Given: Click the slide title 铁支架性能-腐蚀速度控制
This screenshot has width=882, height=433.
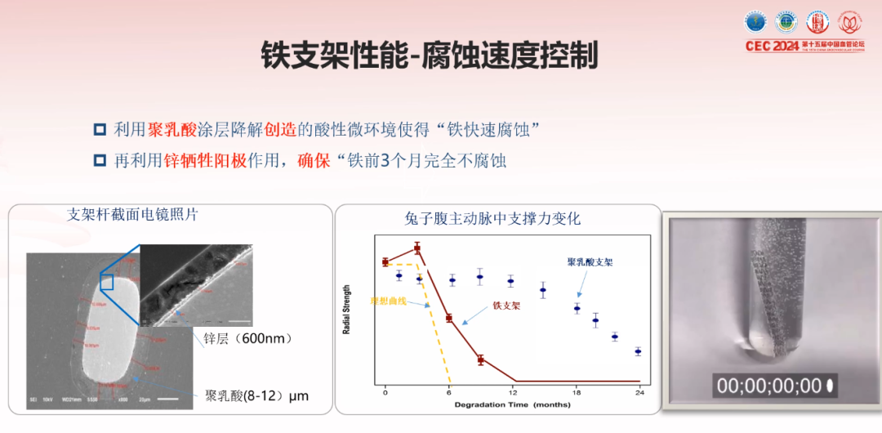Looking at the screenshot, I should [x=429, y=56].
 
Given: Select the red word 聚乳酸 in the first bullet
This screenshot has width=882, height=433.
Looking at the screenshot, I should [x=172, y=129].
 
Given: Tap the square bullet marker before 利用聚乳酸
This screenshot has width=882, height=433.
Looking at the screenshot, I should [x=100, y=129].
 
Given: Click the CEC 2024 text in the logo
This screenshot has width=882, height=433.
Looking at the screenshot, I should [x=772, y=47].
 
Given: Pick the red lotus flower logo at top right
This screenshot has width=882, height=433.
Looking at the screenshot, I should [x=850, y=22].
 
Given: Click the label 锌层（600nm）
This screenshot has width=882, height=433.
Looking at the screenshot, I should [x=242, y=338].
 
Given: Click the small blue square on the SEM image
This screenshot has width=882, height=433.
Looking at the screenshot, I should [x=106, y=282].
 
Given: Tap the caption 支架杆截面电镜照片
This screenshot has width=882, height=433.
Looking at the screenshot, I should [x=132, y=215].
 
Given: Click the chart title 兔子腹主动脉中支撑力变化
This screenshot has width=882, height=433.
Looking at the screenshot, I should [x=492, y=219].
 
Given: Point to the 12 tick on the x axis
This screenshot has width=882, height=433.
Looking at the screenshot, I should [x=512, y=393].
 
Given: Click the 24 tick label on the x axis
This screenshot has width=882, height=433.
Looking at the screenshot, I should [x=639, y=393].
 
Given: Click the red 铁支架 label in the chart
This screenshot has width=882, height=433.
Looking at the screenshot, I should [x=506, y=306].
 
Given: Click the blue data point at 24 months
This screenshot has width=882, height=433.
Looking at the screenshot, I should [x=638, y=352].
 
